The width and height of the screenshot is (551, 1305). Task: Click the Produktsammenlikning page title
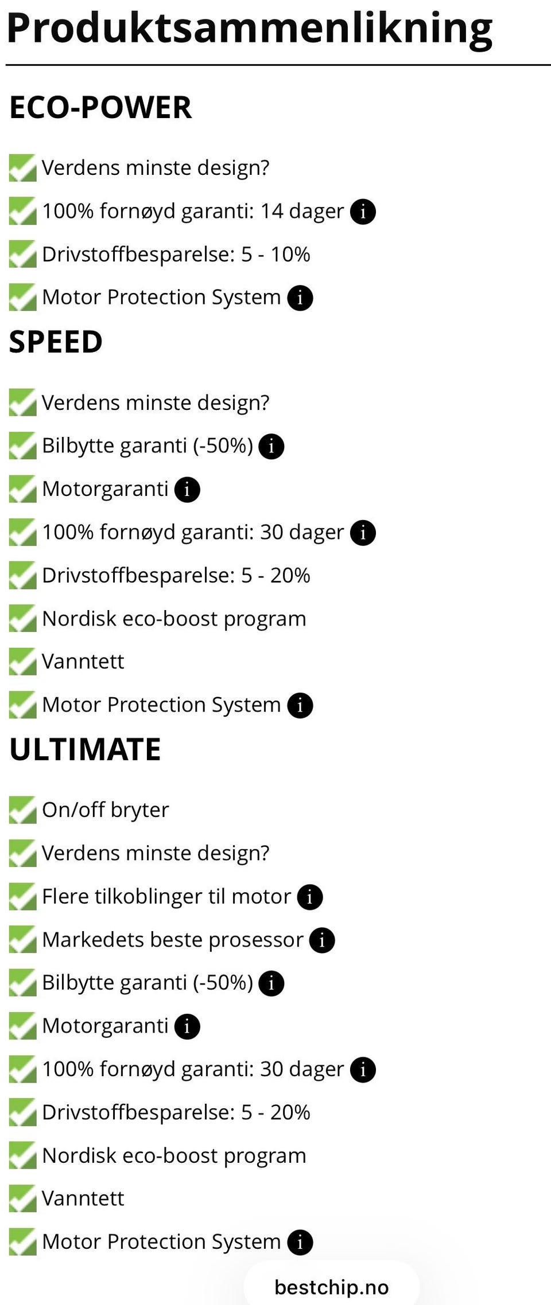click(x=250, y=29)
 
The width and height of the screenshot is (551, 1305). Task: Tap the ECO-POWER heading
click(x=100, y=107)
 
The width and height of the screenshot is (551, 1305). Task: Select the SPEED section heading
click(x=56, y=342)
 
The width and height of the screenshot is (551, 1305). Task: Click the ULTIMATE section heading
click(x=85, y=749)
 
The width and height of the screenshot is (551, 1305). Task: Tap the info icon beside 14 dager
click(x=363, y=212)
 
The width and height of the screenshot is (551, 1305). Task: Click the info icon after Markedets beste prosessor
click(x=322, y=940)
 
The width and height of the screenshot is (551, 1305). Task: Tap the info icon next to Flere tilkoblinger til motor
click(x=310, y=897)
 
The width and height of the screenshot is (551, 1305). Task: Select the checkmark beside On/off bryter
click(x=22, y=810)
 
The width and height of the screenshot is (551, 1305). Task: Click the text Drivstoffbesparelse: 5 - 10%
click(x=176, y=254)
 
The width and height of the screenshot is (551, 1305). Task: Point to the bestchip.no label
click(x=332, y=1287)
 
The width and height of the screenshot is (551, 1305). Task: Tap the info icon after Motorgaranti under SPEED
click(x=187, y=490)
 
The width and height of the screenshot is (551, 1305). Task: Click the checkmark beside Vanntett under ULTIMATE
click(x=22, y=1199)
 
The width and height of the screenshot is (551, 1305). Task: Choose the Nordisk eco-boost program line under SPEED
click(x=174, y=619)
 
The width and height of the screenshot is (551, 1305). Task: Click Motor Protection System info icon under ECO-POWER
click(x=300, y=298)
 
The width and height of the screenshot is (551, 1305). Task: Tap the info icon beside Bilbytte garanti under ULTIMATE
click(x=271, y=983)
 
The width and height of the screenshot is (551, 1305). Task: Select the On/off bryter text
click(x=106, y=810)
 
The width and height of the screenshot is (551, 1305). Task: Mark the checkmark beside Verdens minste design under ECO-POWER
click(x=22, y=168)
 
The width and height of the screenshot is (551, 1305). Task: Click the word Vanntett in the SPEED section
click(x=83, y=662)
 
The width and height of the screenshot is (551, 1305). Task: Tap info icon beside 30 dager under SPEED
click(x=363, y=533)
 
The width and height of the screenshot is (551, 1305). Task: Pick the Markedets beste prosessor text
click(x=172, y=940)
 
